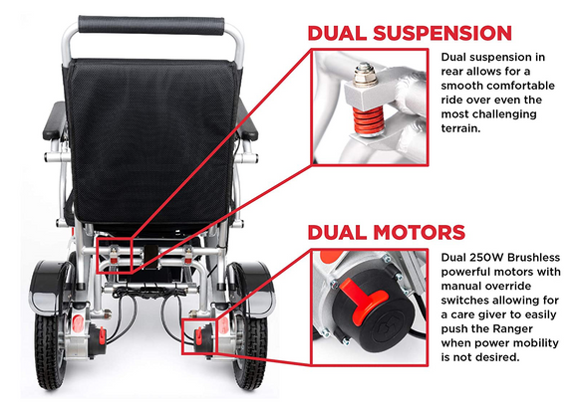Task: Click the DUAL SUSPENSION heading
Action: click(410, 33)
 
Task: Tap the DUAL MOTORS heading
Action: click(386, 233)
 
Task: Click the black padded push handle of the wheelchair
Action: click(151, 26)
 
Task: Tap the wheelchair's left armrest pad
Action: click(54, 120)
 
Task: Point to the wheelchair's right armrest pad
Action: click(247, 119)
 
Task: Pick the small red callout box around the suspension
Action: click(115, 257)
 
